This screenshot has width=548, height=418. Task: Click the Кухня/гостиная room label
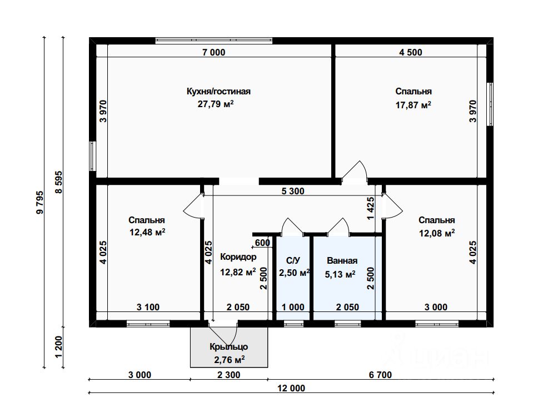point(218,92)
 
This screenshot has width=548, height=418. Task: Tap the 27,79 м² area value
point(216,104)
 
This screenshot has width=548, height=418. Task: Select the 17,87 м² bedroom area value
point(413,104)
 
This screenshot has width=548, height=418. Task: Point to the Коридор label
point(238,257)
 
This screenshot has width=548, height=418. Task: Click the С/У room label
point(293,260)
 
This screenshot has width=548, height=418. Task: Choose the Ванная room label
point(342,260)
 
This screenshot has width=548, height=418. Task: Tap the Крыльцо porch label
point(229,347)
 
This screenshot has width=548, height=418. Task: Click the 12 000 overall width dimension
point(291,388)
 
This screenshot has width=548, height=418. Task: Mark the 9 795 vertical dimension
point(40,202)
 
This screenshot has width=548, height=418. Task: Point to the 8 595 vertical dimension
point(59,182)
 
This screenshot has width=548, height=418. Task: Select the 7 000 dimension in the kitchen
point(214,52)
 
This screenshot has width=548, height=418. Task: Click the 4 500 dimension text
point(411,52)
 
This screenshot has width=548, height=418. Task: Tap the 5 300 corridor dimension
point(293,191)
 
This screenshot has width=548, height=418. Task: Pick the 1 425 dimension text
point(371,209)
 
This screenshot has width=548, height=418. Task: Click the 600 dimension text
point(262,243)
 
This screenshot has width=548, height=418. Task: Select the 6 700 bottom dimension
point(380,375)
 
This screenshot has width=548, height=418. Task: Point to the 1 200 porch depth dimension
point(59,347)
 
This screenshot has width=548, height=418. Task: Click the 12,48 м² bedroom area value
point(147,232)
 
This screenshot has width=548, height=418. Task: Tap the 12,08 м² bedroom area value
point(437,233)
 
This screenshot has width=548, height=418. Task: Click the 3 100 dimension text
point(148,308)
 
